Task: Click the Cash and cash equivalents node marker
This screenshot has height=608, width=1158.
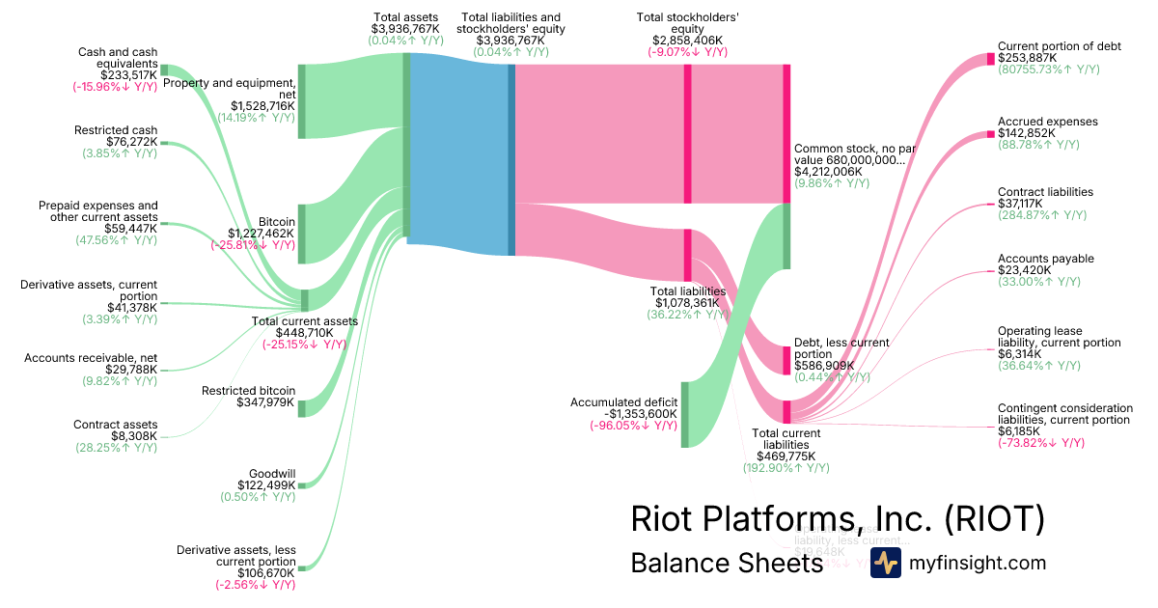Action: (x=164, y=69)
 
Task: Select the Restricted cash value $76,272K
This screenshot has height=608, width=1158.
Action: (x=129, y=144)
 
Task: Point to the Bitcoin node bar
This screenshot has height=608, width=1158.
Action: (x=302, y=234)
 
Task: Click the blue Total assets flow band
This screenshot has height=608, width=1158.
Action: (x=457, y=154)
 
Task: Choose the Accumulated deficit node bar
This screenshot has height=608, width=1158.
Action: (x=684, y=414)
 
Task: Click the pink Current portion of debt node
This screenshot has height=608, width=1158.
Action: (x=990, y=59)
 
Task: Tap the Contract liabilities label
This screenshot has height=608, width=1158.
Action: (x=1045, y=192)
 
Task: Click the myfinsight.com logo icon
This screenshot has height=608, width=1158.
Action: (x=885, y=563)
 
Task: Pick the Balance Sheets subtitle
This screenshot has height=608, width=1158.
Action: (x=727, y=563)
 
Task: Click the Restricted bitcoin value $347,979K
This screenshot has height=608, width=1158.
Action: (x=265, y=402)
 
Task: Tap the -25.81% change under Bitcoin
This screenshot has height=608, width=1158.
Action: (x=253, y=245)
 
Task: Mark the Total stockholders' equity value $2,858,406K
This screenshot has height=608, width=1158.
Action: (x=688, y=41)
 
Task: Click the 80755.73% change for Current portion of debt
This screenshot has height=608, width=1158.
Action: (x=1048, y=69)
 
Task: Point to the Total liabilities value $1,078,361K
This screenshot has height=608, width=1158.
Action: (x=687, y=302)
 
